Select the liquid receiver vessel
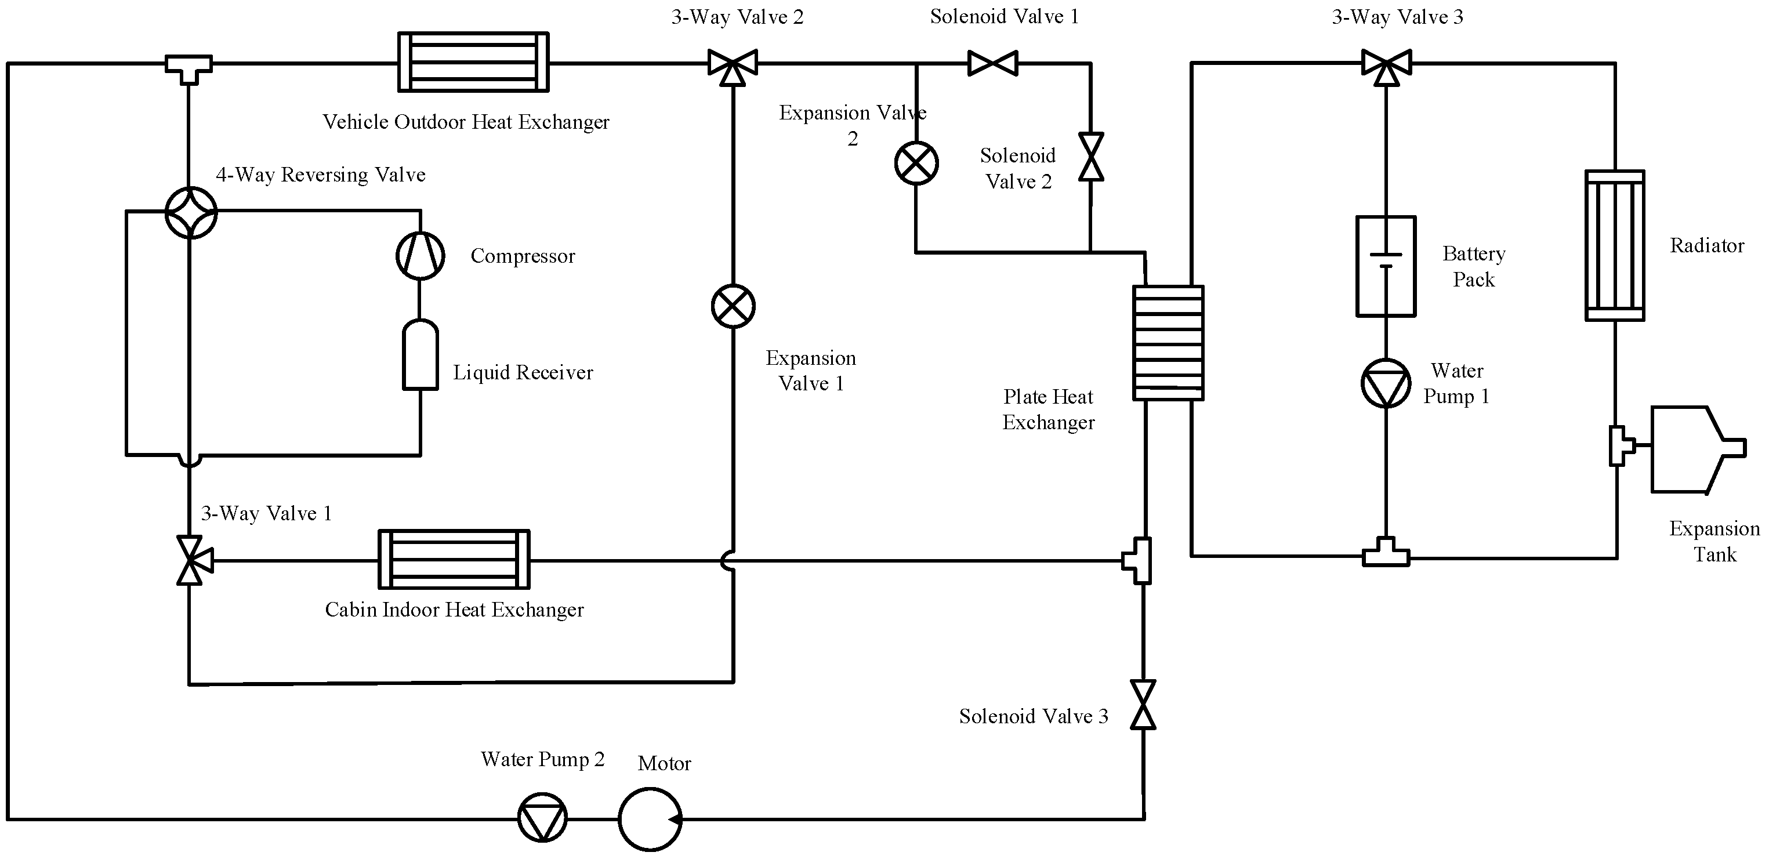click(x=420, y=355)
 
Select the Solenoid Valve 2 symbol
click(x=1090, y=157)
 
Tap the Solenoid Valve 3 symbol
click(x=1143, y=705)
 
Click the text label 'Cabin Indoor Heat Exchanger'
click(x=454, y=610)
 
